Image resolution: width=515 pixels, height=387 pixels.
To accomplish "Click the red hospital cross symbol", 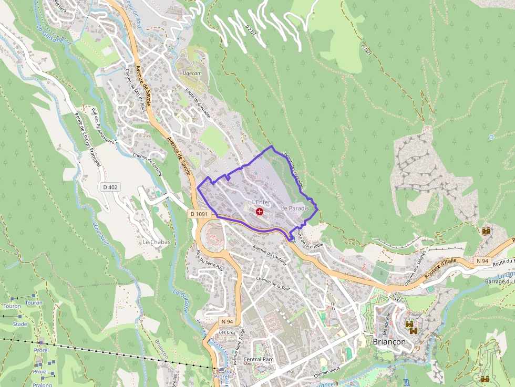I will coord(260,211).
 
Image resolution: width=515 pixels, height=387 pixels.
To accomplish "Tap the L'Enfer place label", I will coord(261,202).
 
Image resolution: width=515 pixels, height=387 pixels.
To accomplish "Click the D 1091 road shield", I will coord(199,214).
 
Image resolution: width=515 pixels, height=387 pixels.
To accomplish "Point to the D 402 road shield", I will coord(111,187).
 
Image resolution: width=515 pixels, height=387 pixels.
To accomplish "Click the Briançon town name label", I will coord(389,341).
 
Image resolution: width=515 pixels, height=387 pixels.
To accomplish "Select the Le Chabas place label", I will coord(157,242).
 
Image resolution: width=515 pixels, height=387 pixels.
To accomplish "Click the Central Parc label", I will coord(259,360).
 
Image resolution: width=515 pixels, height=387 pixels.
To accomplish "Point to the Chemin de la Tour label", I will coord(273,284).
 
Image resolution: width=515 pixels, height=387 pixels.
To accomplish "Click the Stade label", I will coord(20,324).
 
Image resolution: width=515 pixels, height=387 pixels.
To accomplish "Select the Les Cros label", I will coord(228,332).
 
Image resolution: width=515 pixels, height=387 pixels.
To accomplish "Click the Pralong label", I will coord(42,385).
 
